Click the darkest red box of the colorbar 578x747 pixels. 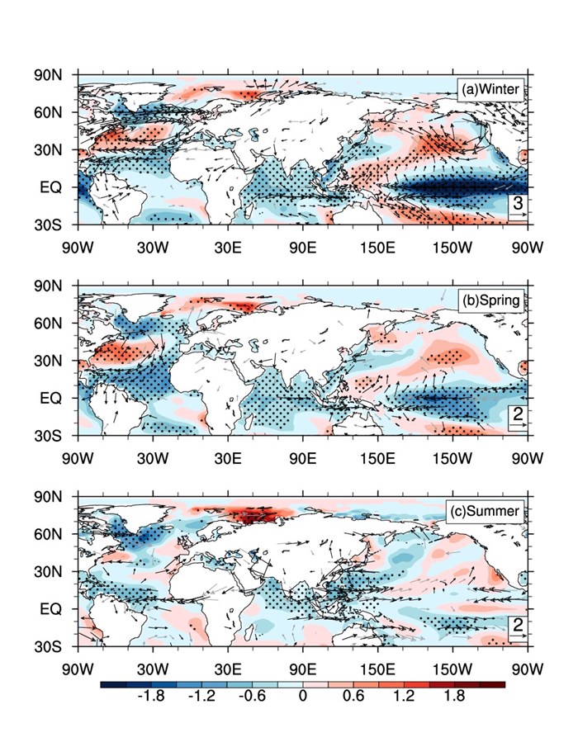(x=492, y=684)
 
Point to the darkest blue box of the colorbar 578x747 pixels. (x=112, y=684)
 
